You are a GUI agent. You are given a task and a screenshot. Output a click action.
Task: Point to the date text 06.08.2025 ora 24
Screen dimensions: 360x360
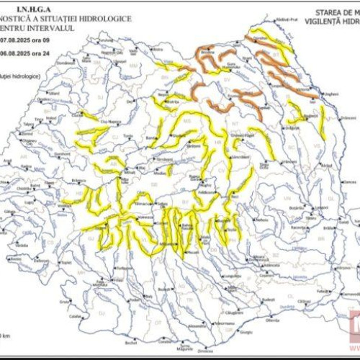point(27,61)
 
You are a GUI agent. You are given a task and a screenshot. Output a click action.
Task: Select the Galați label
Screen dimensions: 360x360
point(325,215)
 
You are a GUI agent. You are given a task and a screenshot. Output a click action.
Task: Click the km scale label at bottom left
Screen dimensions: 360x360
point(6,335)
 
